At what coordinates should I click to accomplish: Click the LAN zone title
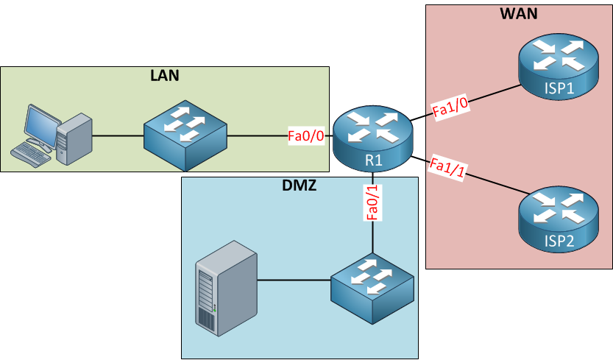164,75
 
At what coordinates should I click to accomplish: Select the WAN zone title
520,14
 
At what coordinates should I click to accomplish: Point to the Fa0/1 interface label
373,202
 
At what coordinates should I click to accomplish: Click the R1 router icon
373,136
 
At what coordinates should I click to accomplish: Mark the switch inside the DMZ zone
372,286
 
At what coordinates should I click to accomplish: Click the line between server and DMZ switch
294,280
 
